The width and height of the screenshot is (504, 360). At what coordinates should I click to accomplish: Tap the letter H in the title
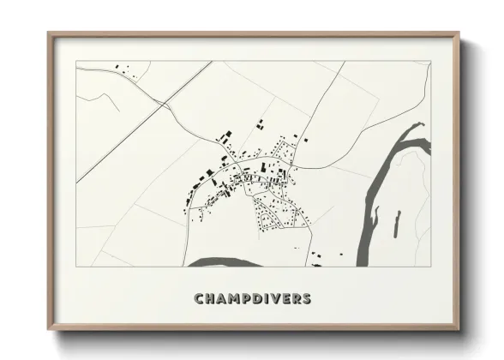[x=211, y=299]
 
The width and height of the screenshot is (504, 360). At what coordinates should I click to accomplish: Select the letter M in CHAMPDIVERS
[x=235, y=299]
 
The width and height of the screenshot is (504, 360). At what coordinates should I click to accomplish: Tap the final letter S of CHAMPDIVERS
[x=307, y=299]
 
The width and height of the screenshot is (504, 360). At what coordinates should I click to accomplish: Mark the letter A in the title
[x=222, y=299]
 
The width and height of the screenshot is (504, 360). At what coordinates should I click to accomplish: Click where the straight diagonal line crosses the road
[x=160, y=107]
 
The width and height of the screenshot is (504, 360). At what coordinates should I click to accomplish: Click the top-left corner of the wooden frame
[x=49, y=34]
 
